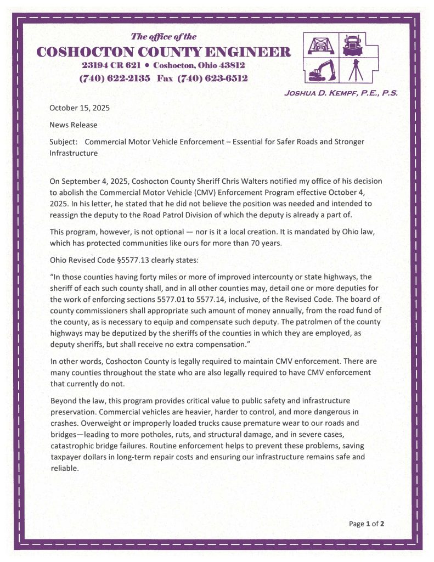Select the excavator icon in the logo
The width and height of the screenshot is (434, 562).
coord(319,70)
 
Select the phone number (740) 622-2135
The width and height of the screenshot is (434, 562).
coord(115,78)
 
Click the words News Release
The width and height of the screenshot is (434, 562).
coord(74,125)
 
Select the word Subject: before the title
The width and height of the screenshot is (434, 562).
coord(64,142)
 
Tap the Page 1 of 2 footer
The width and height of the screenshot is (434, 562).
coord(366,524)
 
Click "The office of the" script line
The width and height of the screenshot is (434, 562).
coord(164,37)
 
